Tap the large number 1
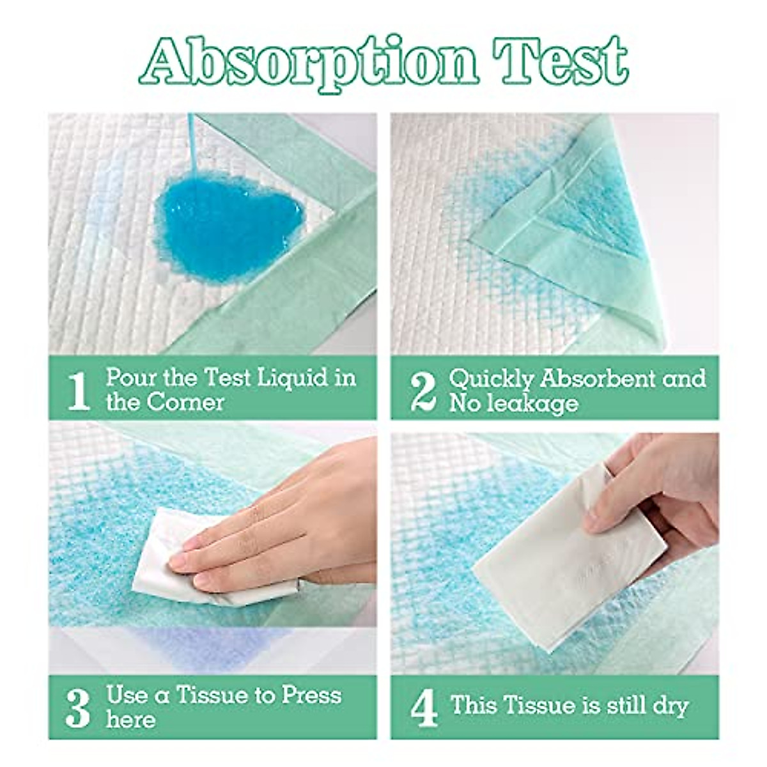click(x=78, y=390)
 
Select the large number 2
click(x=423, y=390)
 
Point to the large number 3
click(x=78, y=706)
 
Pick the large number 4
click(x=423, y=706)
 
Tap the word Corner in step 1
click(x=185, y=403)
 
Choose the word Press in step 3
click(x=311, y=695)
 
